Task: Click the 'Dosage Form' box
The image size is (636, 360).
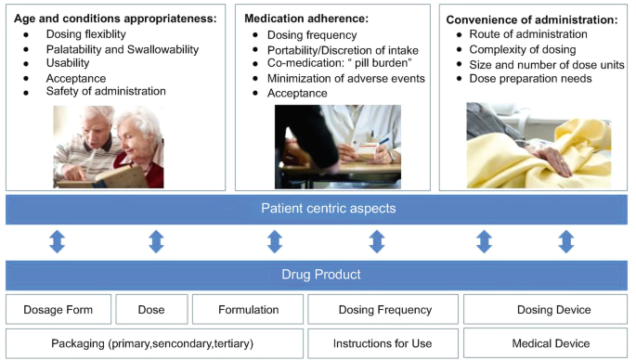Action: pos(58,310)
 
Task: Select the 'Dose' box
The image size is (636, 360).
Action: pos(150,310)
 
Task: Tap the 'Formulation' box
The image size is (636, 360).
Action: pos(248,310)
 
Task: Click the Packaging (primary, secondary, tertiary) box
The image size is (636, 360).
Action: pos(155,343)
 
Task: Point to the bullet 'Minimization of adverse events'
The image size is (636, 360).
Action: pos(339,79)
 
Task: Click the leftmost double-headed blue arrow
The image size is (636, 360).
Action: pos(57,242)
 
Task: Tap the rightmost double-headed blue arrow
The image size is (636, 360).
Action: pos(566,242)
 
